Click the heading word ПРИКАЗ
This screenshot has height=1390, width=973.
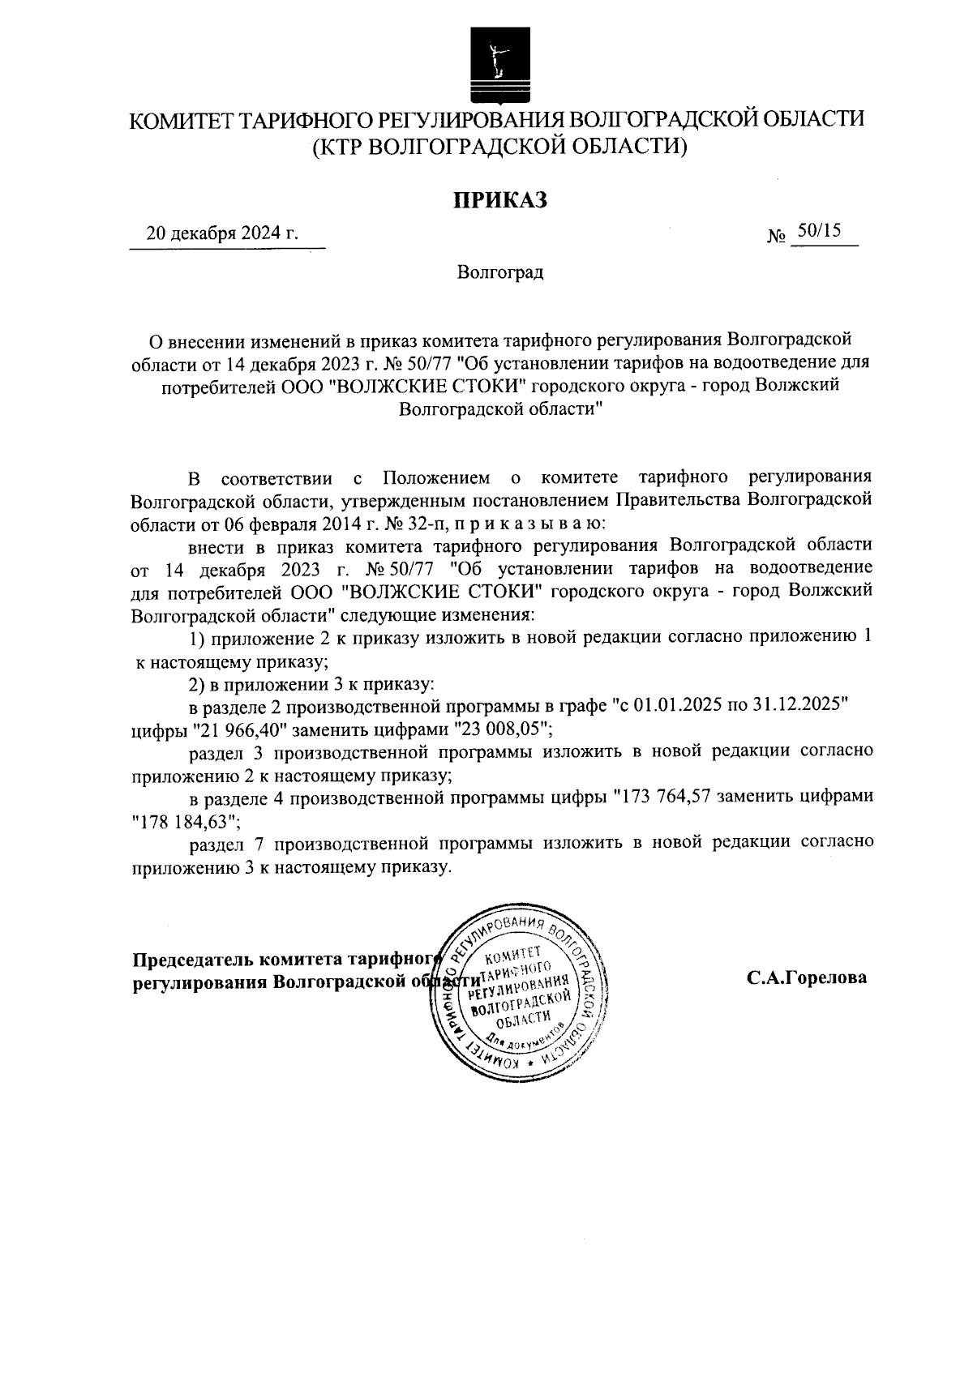click(499, 199)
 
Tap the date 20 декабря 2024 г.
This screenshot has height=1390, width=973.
click(221, 234)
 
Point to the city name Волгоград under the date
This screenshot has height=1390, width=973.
click(499, 272)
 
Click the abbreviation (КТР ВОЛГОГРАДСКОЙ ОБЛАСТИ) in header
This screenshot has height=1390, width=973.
click(499, 147)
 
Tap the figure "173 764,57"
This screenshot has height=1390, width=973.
click(662, 796)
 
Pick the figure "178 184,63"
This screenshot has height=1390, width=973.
click(185, 821)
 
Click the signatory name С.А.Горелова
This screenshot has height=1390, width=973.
click(806, 977)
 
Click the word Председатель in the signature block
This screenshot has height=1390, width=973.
click(192, 959)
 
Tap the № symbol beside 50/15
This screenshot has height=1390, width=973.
click(775, 237)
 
